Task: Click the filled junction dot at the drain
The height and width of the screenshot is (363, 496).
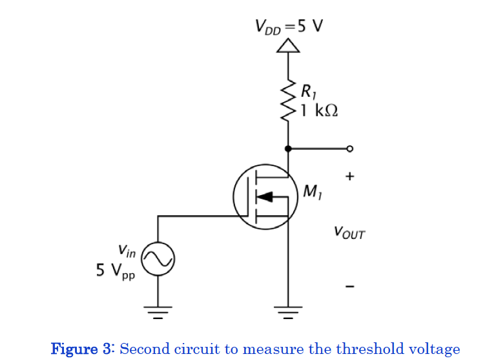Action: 288,149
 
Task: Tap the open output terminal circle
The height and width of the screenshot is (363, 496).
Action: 349,149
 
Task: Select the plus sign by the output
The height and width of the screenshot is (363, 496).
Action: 349,176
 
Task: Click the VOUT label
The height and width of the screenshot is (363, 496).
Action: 349,233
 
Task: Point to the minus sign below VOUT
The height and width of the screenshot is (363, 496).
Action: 349,286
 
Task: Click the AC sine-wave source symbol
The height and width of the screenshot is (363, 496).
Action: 158,259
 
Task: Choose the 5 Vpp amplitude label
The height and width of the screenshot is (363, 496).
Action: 116,271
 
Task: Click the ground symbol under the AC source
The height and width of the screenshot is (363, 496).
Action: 158,314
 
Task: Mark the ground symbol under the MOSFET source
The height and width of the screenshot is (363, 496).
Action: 288,314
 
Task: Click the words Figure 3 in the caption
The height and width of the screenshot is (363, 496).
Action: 83,349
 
